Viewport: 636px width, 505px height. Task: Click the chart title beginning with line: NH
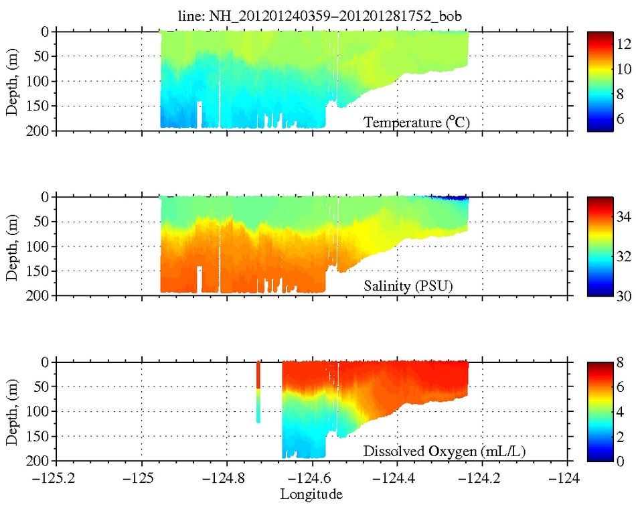pyautogui.click(x=313, y=17)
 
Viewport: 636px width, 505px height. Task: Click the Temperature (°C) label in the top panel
pyautogui.click(x=409, y=123)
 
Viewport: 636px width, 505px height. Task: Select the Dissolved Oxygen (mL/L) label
pyautogui.click(x=444, y=452)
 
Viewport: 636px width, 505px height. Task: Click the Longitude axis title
pyautogui.click(x=311, y=494)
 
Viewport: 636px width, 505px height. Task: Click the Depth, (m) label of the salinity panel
pyautogui.click(x=12, y=246)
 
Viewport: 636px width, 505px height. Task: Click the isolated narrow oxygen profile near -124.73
pyautogui.click(x=258, y=392)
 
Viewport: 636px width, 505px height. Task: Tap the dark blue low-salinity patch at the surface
pyautogui.click(x=449, y=198)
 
